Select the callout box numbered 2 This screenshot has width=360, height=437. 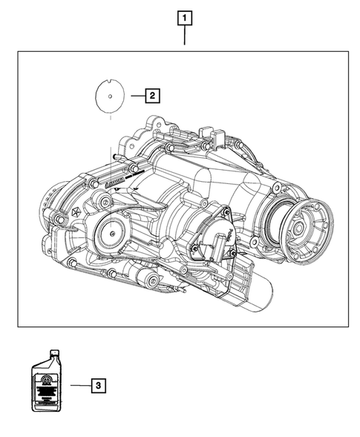pyautogui.click(x=151, y=95)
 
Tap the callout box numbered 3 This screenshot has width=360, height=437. pyautogui.click(x=99, y=385)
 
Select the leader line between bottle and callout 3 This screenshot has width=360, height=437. pyautogui.click(x=79, y=385)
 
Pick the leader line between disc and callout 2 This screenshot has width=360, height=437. pyautogui.click(x=136, y=95)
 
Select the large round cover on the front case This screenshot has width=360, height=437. pyautogui.click(x=113, y=233)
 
